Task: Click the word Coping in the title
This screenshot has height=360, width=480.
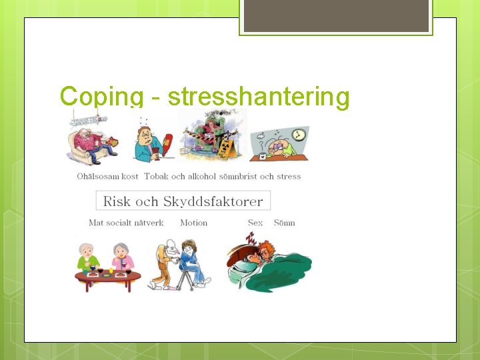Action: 96,97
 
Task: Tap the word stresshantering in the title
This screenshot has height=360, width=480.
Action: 259,97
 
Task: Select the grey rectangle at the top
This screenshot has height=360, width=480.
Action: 336,15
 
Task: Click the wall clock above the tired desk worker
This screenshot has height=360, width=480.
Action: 299,135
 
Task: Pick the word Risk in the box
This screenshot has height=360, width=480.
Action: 117,201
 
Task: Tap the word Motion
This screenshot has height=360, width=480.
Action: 193,223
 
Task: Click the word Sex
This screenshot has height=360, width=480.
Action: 255,223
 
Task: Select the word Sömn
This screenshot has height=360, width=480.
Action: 284,223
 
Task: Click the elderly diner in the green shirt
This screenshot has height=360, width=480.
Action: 88,257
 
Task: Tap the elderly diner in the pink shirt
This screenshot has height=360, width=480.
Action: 122,257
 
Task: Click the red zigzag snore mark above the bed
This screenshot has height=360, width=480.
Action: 251,238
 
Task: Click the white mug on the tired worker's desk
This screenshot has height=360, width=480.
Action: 263,155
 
